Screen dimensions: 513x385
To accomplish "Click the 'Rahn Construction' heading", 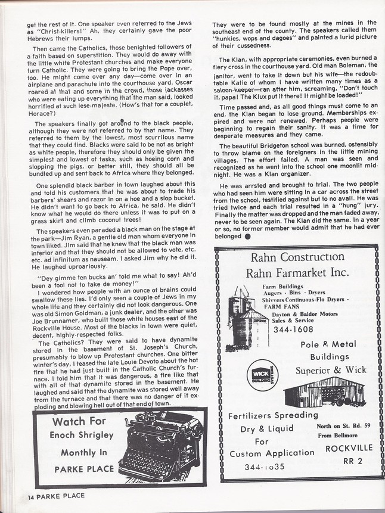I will tap(299, 258).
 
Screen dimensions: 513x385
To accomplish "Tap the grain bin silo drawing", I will tap(244, 313).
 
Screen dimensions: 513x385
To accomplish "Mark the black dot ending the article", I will tap(247, 237).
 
